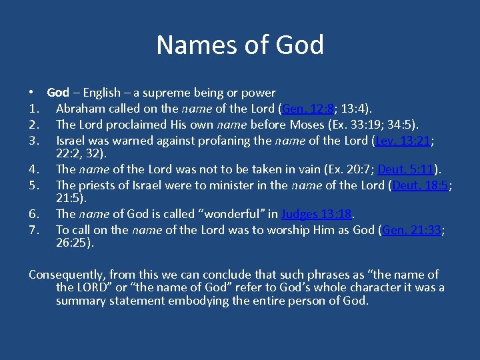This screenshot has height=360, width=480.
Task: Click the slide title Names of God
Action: [x=240, y=45]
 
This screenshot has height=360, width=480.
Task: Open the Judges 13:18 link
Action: [x=316, y=214]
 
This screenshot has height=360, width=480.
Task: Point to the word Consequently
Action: [x=67, y=275]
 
